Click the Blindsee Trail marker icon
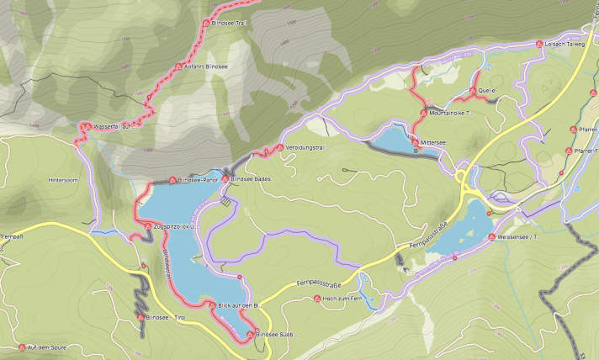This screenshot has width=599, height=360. pos(208,24)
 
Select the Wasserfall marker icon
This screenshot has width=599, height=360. pos(83,127)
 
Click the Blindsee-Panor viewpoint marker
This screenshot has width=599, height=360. pos(172,179)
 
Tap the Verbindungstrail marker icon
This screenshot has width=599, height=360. pos(280,148)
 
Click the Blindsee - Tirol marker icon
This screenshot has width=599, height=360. pos(140,319)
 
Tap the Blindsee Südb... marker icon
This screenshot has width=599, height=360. pos(250,335)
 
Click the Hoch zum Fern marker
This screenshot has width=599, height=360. pos(317,299)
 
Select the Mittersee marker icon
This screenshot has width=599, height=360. pos(416,143)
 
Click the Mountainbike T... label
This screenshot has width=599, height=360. pos(452,112)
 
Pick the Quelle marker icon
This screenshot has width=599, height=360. pos(472,90)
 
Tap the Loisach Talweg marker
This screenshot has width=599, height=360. pos(539,43)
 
